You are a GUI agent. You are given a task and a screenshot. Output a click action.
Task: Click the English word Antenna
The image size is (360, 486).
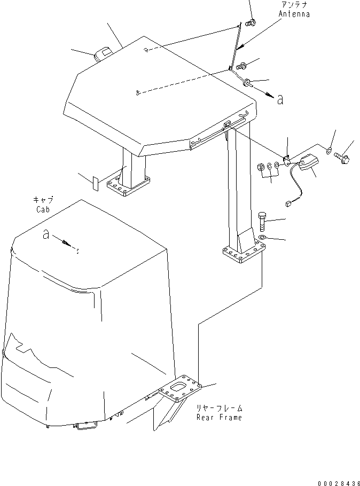(294, 14)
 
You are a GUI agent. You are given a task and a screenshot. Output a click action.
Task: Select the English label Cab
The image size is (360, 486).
(43, 210)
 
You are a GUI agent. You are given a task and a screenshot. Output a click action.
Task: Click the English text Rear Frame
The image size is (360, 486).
(219, 417)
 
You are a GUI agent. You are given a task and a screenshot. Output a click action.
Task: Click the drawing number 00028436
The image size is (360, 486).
(336, 483)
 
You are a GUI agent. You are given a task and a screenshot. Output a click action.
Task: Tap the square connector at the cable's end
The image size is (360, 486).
(288, 203)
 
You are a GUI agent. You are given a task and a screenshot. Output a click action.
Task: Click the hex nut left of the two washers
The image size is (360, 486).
(262, 168)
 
